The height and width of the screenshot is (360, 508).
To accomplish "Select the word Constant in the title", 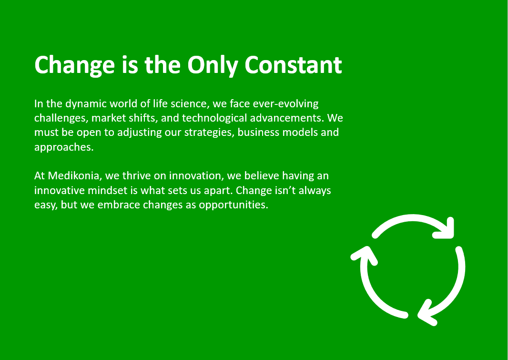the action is pos(293,65).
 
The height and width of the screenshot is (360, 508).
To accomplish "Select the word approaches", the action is pos(64,147).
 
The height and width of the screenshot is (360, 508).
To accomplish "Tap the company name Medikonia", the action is pos(76,175).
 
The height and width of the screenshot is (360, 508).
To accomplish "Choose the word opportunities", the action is pos(233,205).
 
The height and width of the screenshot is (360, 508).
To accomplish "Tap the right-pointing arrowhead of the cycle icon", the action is pos(446,228).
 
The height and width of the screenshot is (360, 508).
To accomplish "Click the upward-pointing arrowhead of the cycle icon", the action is pos(365,255).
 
